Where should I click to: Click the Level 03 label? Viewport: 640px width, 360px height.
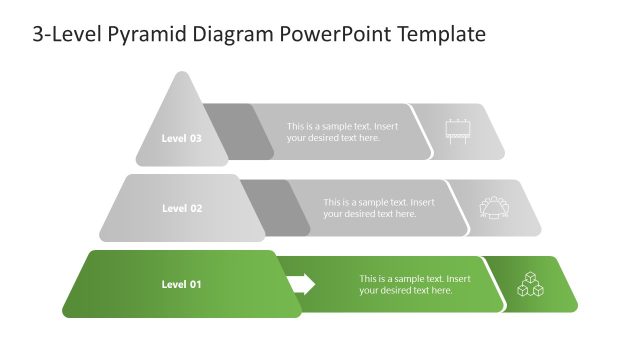(x=181, y=138)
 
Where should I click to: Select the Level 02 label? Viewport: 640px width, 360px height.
(x=181, y=208)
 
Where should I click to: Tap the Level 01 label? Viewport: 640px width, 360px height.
(x=181, y=284)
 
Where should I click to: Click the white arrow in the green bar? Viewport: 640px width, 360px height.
(x=301, y=284)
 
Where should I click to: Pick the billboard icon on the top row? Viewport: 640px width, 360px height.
(x=458, y=131)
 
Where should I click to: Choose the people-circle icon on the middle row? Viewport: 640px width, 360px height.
(x=494, y=208)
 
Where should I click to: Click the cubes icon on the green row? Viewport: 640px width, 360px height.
(x=530, y=285)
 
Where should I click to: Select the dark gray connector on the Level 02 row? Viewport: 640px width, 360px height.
(x=275, y=208)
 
